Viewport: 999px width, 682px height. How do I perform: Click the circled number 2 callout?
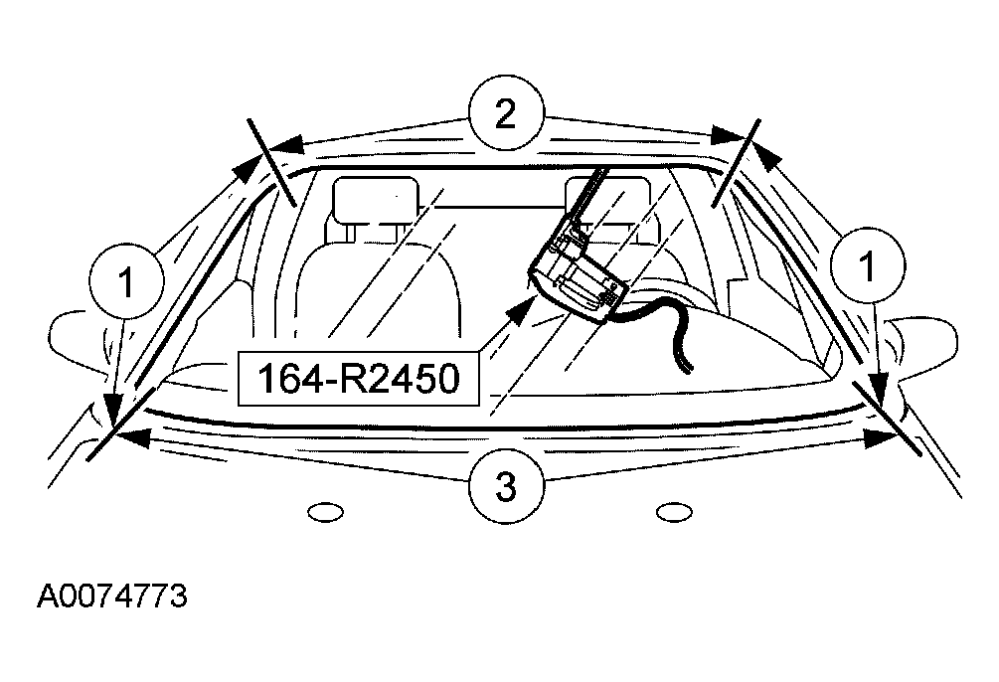click(x=507, y=113)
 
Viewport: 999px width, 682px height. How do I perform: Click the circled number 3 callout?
click(x=507, y=486)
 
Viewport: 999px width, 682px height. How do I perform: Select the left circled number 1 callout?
click(x=127, y=280)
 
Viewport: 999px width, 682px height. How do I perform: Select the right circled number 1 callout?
click(x=867, y=265)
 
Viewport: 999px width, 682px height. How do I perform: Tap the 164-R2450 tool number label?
click(x=358, y=378)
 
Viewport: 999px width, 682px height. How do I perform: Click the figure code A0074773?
click(x=112, y=597)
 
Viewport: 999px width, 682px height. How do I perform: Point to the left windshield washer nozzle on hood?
click(x=325, y=512)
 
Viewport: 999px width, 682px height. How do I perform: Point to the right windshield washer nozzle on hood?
click(x=674, y=512)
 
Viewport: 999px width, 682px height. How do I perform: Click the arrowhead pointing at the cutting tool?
click(x=521, y=308)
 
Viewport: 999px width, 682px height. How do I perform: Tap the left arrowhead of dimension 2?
click(x=286, y=144)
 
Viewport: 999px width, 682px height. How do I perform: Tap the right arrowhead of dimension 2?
click(x=727, y=135)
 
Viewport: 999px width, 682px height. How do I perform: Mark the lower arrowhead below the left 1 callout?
click(x=114, y=409)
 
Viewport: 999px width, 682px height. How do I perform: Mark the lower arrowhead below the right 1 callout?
click(x=880, y=391)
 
